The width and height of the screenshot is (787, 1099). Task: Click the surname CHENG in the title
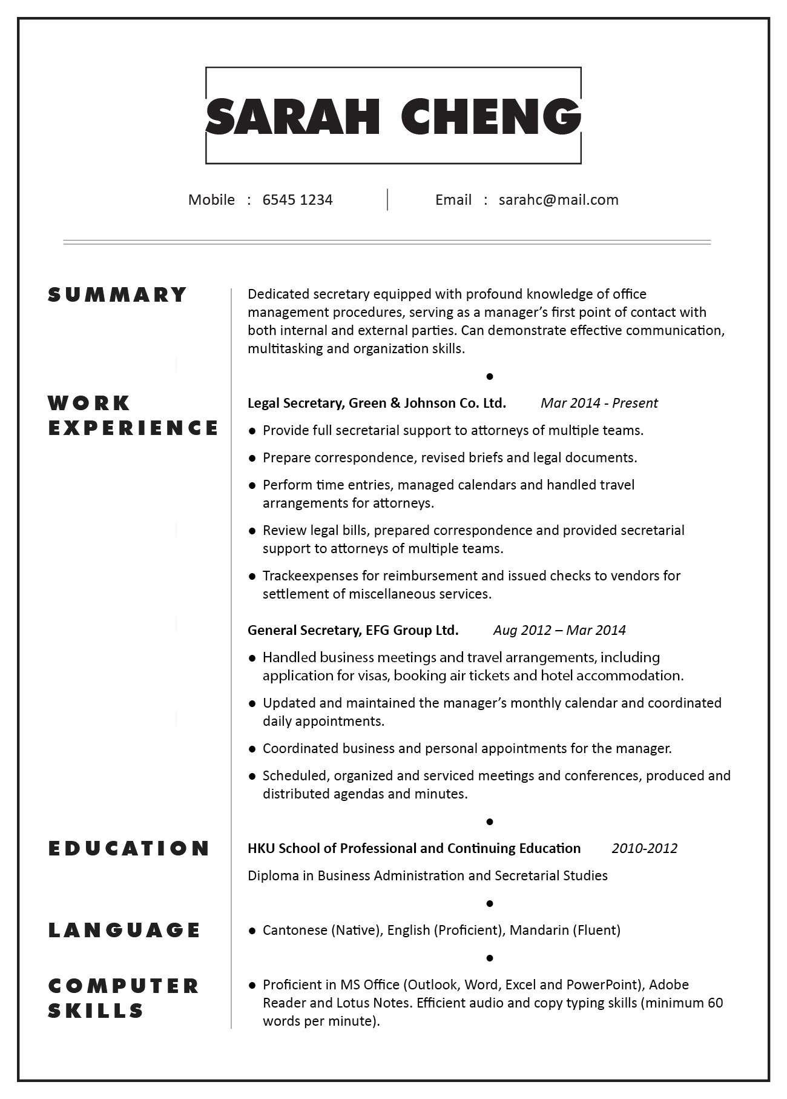coord(490,116)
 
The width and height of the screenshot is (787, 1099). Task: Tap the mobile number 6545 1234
coord(297,200)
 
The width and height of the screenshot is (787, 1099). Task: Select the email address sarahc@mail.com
coord(558,200)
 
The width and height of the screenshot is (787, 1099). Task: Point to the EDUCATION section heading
coord(129,848)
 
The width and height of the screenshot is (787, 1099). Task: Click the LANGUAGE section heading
coord(125,930)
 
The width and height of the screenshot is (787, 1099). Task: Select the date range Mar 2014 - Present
coord(599,403)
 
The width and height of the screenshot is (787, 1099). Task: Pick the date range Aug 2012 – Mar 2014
coord(559,631)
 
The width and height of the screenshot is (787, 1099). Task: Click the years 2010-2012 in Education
coord(644,848)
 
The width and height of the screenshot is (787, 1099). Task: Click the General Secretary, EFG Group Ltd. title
coord(353,631)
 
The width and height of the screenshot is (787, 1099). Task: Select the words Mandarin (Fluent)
coord(565,930)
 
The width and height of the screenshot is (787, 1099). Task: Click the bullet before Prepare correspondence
coord(252,459)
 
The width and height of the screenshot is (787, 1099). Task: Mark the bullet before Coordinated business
coord(252,749)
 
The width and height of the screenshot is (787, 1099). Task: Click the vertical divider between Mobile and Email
coord(387,200)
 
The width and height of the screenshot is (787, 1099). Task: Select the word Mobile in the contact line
coord(211,200)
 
